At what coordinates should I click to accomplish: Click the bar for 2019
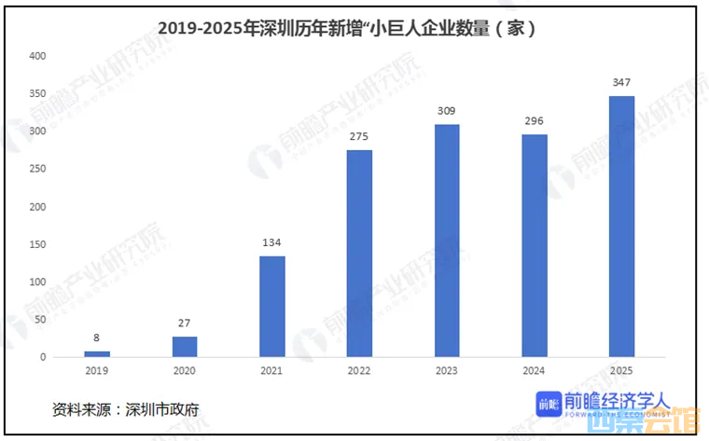click(97, 354)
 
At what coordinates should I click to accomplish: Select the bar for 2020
click(185, 347)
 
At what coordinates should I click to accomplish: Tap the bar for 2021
click(271, 307)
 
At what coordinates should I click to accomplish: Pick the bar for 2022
click(359, 254)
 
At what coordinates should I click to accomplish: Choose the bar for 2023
click(447, 241)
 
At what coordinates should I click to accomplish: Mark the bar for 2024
click(535, 246)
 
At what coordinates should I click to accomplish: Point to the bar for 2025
click(621, 227)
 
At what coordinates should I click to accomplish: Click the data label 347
click(621, 83)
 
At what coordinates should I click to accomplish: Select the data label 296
click(535, 121)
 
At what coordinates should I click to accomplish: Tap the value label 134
click(271, 243)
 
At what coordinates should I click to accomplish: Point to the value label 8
click(97, 338)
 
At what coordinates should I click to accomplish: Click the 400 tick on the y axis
click(37, 56)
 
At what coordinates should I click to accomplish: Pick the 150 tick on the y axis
click(37, 244)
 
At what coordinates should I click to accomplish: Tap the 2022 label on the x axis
click(359, 372)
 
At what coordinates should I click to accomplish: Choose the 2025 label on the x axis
click(621, 372)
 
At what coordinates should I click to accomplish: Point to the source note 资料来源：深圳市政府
click(125, 408)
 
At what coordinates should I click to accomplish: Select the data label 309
click(447, 112)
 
